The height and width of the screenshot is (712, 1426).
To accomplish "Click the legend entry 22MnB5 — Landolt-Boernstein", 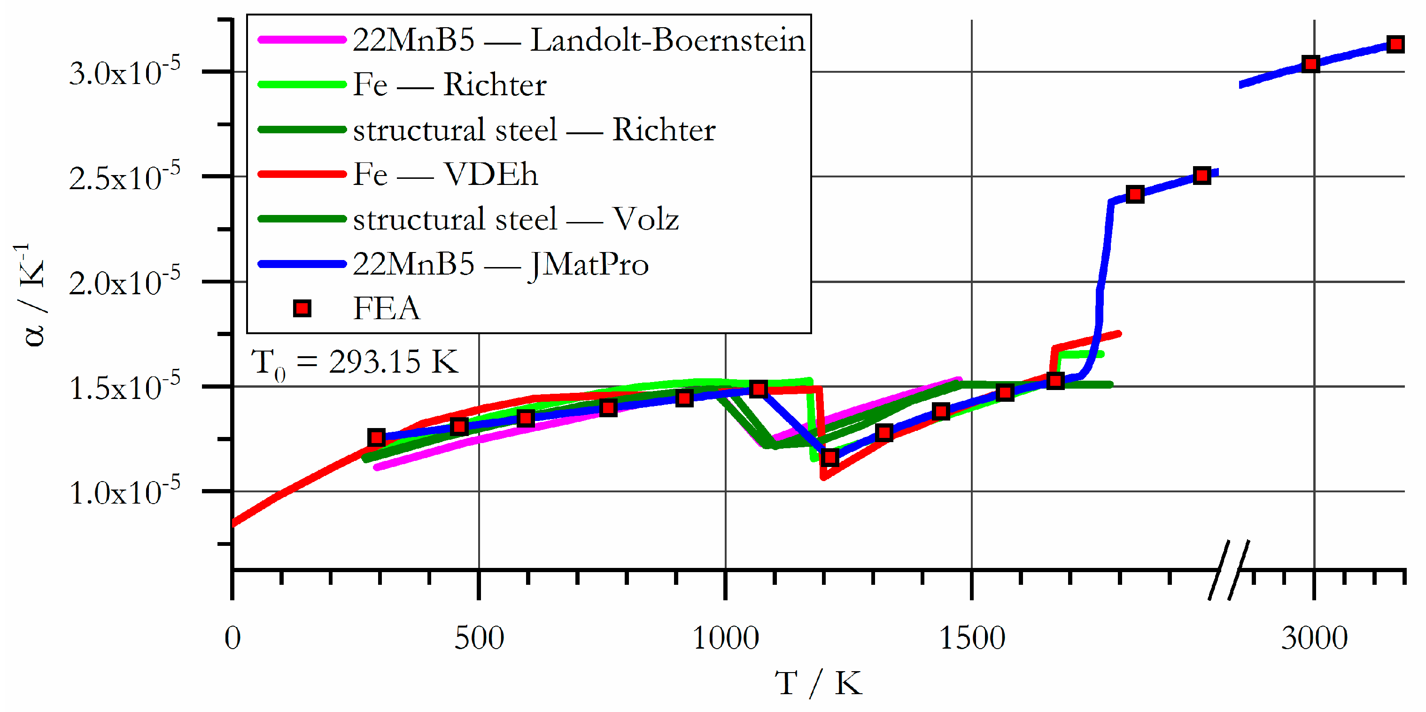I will tap(579, 40).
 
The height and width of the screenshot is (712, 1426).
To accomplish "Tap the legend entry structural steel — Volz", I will tap(515, 219).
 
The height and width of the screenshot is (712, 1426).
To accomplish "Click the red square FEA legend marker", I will tap(302, 309).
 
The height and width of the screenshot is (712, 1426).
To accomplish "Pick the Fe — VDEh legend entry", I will tap(445, 175).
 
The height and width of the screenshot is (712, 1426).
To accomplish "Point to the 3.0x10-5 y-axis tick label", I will tap(124, 72).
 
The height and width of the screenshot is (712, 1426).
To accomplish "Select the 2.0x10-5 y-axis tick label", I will tap(124, 283).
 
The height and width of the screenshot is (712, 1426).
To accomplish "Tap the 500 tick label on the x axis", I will tap(479, 638).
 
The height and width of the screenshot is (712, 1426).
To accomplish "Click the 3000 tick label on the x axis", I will tap(1314, 638).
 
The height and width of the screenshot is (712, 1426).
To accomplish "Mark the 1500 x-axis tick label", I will tap(972, 638).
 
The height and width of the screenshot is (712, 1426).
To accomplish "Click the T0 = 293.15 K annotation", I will tap(354, 363).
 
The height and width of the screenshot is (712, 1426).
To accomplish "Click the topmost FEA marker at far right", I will tap(1395, 44).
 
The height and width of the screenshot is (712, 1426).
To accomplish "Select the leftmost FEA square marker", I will tap(376, 437).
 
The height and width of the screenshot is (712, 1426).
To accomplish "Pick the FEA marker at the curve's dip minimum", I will tap(830, 458).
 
